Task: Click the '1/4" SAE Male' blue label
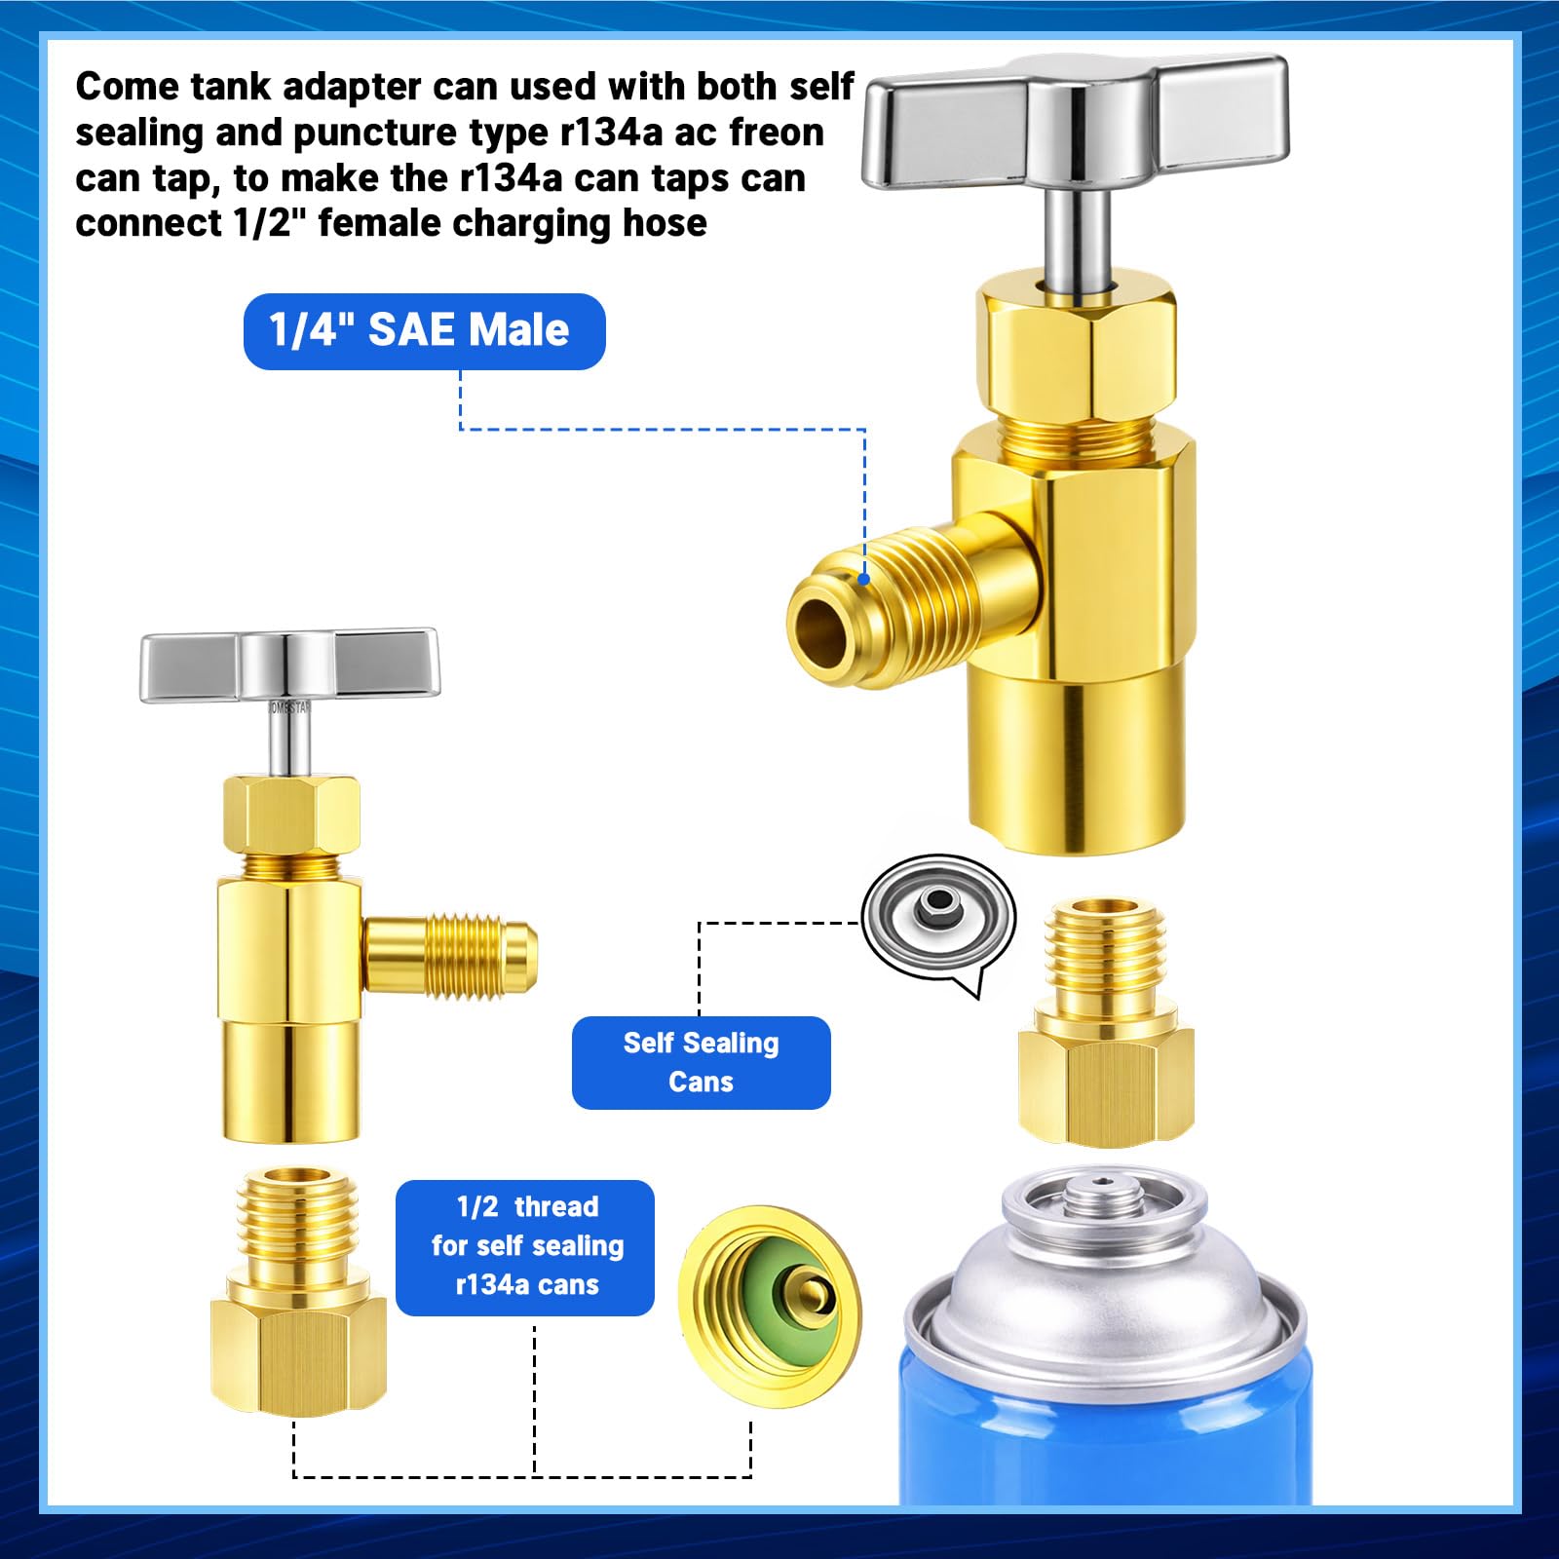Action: [424, 331]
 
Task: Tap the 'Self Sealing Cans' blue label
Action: [701, 1062]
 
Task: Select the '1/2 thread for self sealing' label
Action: [525, 1247]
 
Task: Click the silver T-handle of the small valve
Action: [289, 665]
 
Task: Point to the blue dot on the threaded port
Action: [864, 579]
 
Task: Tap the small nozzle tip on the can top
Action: [1101, 1185]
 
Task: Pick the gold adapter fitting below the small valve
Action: [298, 1290]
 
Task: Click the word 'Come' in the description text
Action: [127, 88]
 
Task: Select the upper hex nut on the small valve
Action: [290, 815]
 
